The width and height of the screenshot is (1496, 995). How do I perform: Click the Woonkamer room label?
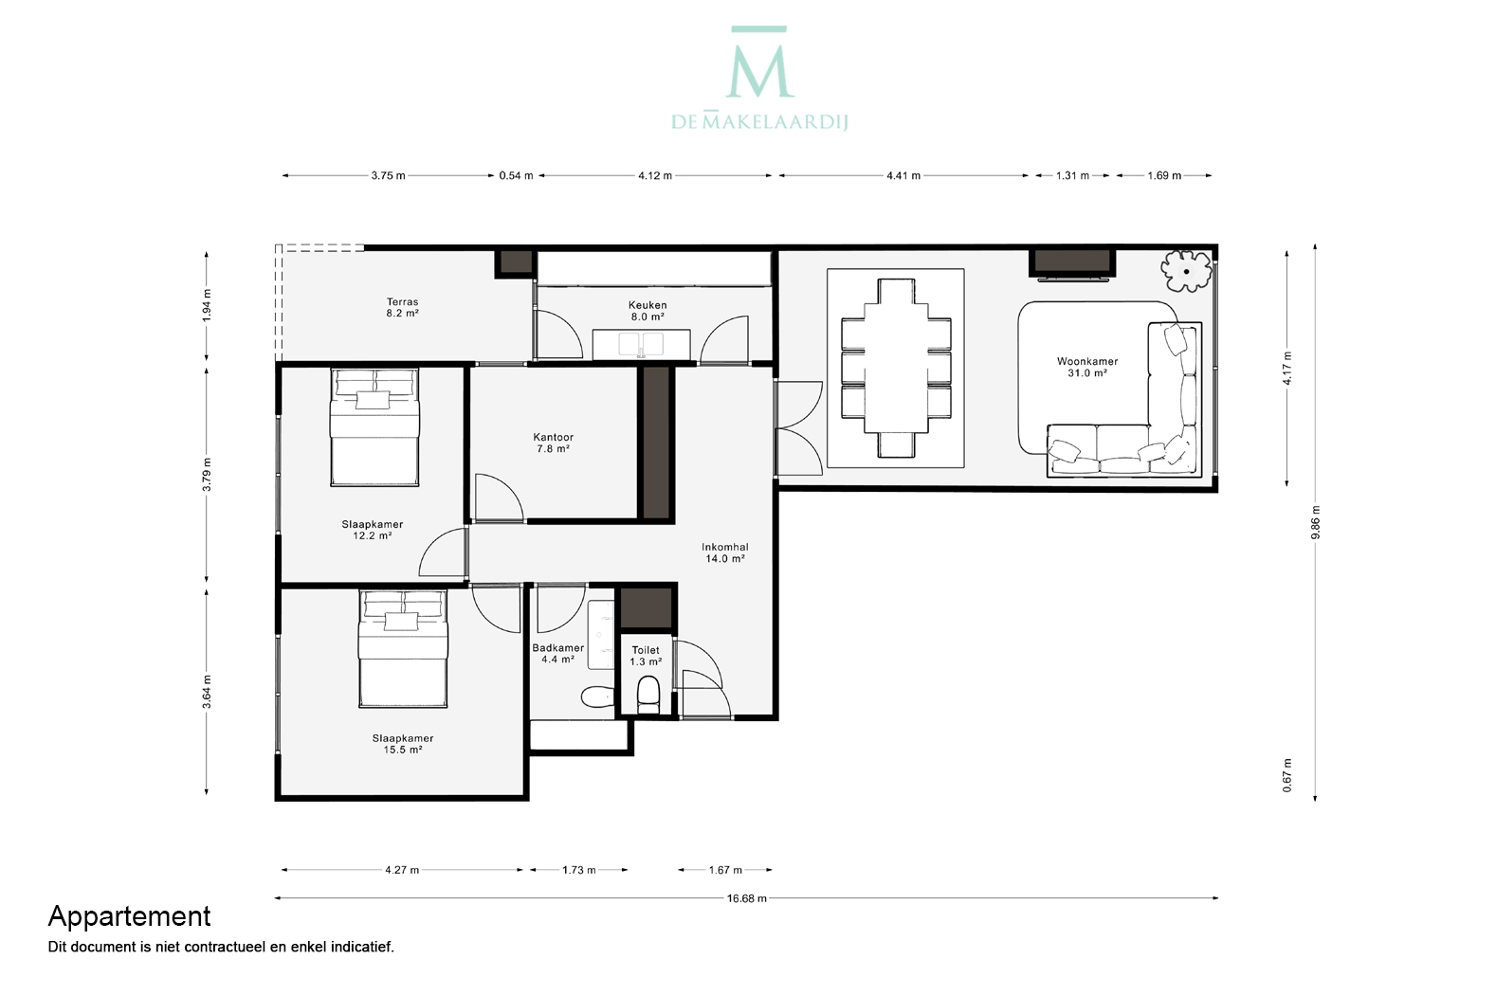coord(1087,361)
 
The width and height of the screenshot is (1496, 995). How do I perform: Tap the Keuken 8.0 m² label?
coord(648,311)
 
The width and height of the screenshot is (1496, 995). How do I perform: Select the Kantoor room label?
coord(553,438)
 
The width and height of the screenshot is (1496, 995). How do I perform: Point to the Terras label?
coord(402,302)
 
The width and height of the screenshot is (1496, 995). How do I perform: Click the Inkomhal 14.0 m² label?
coord(724,552)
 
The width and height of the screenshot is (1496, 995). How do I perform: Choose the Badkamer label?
coord(557,648)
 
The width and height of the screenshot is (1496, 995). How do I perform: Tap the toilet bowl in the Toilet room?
coord(648,696)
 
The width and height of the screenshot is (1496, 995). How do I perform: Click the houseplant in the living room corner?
coord(1186,271)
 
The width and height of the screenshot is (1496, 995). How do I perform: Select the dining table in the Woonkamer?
coord(896,369)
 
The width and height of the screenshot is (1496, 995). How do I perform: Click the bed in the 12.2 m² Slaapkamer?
coord(374,427)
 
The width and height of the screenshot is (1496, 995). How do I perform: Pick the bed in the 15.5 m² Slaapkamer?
coord(403,648)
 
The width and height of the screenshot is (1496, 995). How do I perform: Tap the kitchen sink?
coord(641,344)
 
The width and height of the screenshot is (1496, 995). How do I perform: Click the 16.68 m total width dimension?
coord(747,898)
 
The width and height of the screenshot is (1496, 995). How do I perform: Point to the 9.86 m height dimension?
coord(1315,522)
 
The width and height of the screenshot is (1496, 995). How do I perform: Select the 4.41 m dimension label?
coord(903,175)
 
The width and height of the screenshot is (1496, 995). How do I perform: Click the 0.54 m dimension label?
coord(517,175)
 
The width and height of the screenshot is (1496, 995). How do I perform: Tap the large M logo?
coord(759,63)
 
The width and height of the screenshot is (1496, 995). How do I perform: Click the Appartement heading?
coord(130,916)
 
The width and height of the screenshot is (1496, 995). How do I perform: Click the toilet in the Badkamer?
coord(597,697)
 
